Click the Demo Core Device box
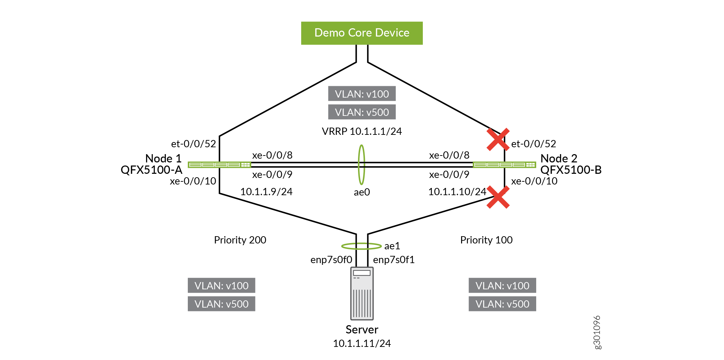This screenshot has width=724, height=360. coord(362,33)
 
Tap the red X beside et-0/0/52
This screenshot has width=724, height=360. coord(498,139)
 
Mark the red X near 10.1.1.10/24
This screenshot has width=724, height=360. coord(498,197)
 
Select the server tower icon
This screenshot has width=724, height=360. coord(362,293)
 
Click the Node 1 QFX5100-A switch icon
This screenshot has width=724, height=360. coord(219,165)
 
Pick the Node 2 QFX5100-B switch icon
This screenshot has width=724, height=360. coord(504,165)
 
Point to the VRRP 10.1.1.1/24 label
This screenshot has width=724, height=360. coord(362,131)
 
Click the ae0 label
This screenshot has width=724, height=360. coord(362,192)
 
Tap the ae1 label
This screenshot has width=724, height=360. coord(392,246)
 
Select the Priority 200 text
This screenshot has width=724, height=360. coord(240,240)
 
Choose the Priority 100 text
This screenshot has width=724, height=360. coord(486,240)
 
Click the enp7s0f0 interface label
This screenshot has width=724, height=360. coord(331,260)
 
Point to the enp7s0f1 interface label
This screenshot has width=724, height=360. coord(394,260)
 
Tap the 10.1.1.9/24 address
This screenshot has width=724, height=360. coord(266,192)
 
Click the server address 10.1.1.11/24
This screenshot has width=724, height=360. coord(362,343)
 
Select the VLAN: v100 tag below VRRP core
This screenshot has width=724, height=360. coord(362,94)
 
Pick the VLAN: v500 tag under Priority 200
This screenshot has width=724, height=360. coord(222,304)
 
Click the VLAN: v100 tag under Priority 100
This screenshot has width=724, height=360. coord(502,286)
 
